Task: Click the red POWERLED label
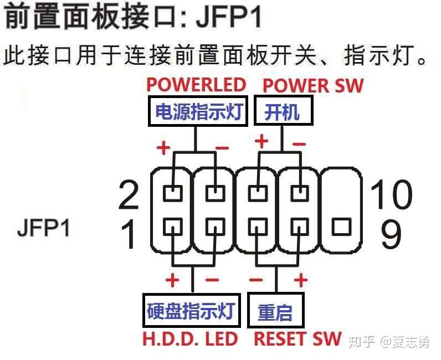click(196, 85)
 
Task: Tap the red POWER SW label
click(313, 86)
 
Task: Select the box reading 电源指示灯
click(197, 112)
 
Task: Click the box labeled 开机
click(283, 112)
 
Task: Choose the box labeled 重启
click(275, 312)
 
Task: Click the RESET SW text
click(298, 339)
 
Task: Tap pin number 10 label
click(391, 195)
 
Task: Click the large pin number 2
click(129, 195)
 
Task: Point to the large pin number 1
click(129, 234)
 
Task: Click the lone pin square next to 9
click(342, 227)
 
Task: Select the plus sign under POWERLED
click(163, 148)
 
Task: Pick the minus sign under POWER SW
click(299, 144)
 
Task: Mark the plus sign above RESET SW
click(300, 280)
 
